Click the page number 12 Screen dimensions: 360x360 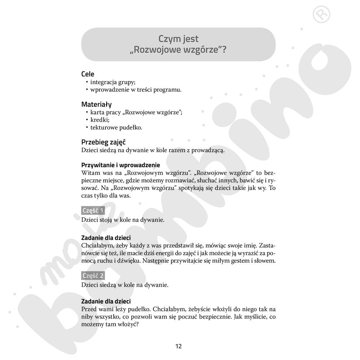(x=179, y=346)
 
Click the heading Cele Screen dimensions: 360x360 (x=88, y=74)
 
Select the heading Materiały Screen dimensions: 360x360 (x=96, y=104)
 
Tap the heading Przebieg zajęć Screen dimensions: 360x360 (x=103, y=142)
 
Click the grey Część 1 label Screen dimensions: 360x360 (x=93, y=211)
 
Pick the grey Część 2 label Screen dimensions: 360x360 (x=93, y=276)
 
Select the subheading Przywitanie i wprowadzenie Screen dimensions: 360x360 (x=121, y=165)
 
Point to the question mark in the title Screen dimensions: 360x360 (x=224, y=50)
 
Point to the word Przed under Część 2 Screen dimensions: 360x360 (x=89, y=309)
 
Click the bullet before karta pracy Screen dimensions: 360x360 (x=87, y=112)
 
